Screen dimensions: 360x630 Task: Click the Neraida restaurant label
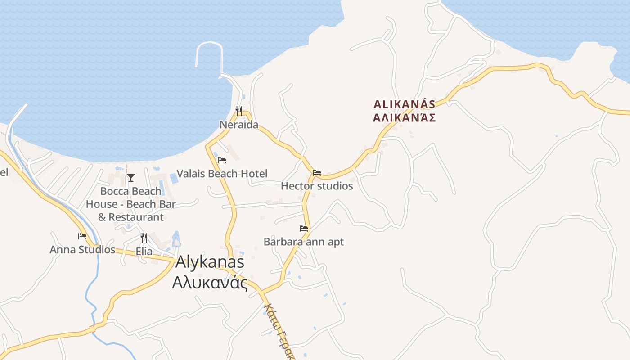pyautogui.click(x=239, y=125)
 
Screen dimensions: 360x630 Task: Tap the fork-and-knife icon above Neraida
pyautogui.click(x=239, y=110)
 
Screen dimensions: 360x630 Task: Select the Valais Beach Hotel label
pyautogui.click(x=222, y=174)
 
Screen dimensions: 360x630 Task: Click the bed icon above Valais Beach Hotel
pyautogui.click(x=222, y=160)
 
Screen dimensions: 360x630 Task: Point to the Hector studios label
pyautogui.click(x=317, y=186)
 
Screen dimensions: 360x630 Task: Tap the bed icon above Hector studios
pyautogui.click(x=317, y=172)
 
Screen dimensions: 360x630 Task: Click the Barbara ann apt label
pyautogui.click(x=304, y=242)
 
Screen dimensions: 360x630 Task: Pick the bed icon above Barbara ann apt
pyautogui.click(x=304, y=228)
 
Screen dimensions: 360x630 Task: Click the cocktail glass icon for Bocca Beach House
pyautogui.click(x=130, y=177)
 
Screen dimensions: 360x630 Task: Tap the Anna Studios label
pyautogui.click(x=82, y=250)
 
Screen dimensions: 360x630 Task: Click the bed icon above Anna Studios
pyautogui.click(x=82, y=236)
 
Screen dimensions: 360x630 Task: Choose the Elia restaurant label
pyautogui.click(x=144, y=252)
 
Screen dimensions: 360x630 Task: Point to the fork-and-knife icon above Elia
pyautogui.click(x=144, y=238)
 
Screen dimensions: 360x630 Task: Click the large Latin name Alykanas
pyautogui.click(x=210, y=262)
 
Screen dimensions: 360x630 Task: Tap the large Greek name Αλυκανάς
pyautogui.click(x=210, y=283)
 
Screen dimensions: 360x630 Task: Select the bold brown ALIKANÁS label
pyautogui.click(x=405, y=104)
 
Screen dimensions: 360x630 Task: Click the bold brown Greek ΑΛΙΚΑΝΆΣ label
pyautogui.click(x=405, y=118)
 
